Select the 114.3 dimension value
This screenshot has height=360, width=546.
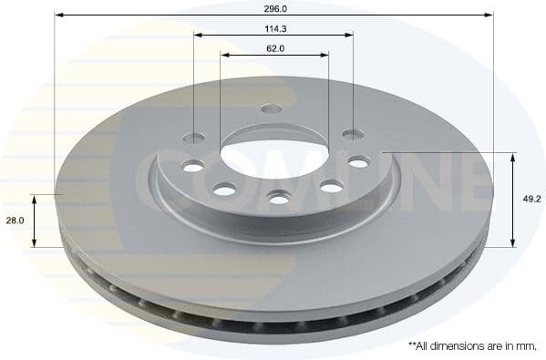(273, 27)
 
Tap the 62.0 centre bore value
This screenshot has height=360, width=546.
(273, 47)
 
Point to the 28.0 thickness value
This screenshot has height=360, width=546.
(15, 221)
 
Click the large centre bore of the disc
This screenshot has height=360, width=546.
(273, 146)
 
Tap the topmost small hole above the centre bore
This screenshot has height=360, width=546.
(272, 109)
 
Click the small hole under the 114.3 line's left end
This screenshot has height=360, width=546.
(195, 139)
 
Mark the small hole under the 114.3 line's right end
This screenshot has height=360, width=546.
(352, 135)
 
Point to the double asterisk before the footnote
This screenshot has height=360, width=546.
(412, 345)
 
